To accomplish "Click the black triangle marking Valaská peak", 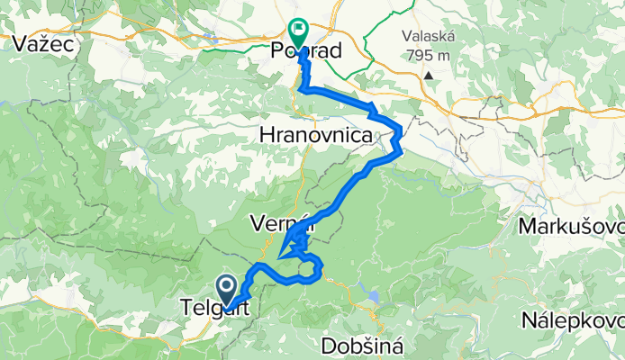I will [430, 76].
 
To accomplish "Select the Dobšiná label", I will [358, 346].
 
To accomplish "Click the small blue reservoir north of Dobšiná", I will [372, 294].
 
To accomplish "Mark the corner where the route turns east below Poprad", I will [304, 90].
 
